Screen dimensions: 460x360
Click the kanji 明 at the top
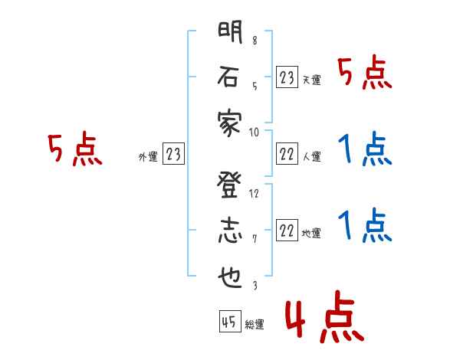[x=228, y=34]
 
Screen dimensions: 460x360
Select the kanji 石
[x=228, y=77]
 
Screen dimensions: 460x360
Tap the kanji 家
[x=228, y=122]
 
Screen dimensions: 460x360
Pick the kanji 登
[x=228, y=185]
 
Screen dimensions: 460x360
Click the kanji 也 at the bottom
[x=228, y=277]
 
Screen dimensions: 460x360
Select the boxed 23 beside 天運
[x=287, y=77]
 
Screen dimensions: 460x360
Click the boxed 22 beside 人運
[x=287, y=154]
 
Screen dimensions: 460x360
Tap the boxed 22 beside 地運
[x=287, y=231]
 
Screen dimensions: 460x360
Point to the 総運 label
[x=255, y=325]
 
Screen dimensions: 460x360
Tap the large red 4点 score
[x=323, y=319]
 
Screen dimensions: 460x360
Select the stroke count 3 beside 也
[x=255, y=285]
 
